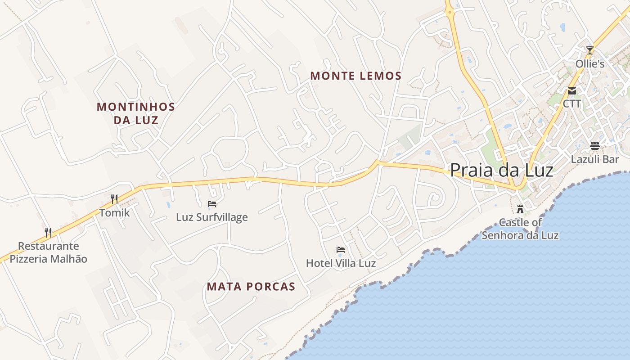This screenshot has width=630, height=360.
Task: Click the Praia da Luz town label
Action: coord(501,170)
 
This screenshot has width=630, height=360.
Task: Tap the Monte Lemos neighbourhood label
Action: coord(355,76)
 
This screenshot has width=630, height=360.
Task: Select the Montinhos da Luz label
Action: coord(135,113)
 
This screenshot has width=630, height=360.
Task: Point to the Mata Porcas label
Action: coord(251,287)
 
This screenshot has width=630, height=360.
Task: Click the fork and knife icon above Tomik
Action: coord(114,199)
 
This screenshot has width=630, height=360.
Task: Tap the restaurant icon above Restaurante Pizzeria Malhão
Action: coord(48,232)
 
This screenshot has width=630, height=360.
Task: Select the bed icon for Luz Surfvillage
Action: coord(212,204)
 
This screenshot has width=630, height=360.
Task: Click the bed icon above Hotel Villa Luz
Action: coord(341,250)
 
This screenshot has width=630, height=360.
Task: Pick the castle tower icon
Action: coord(520,209)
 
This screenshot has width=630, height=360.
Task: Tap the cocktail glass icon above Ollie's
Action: coord(590,50)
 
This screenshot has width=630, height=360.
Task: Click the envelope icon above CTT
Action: coord(572,91)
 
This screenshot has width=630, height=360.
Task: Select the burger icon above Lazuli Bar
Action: coord(595,146)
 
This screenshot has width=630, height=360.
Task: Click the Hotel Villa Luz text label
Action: coord(341,263)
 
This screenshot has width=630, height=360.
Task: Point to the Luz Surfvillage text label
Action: coord(211,217)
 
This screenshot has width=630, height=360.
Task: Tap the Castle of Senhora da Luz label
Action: coord(520,229)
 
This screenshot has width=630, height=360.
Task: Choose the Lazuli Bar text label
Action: coord(595,159)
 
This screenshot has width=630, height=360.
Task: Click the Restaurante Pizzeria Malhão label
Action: coord(49,252)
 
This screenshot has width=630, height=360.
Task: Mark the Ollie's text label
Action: coord(590,64)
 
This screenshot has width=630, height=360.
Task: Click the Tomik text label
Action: coord(114,213)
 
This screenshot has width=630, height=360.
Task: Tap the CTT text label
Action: coord(572,104)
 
